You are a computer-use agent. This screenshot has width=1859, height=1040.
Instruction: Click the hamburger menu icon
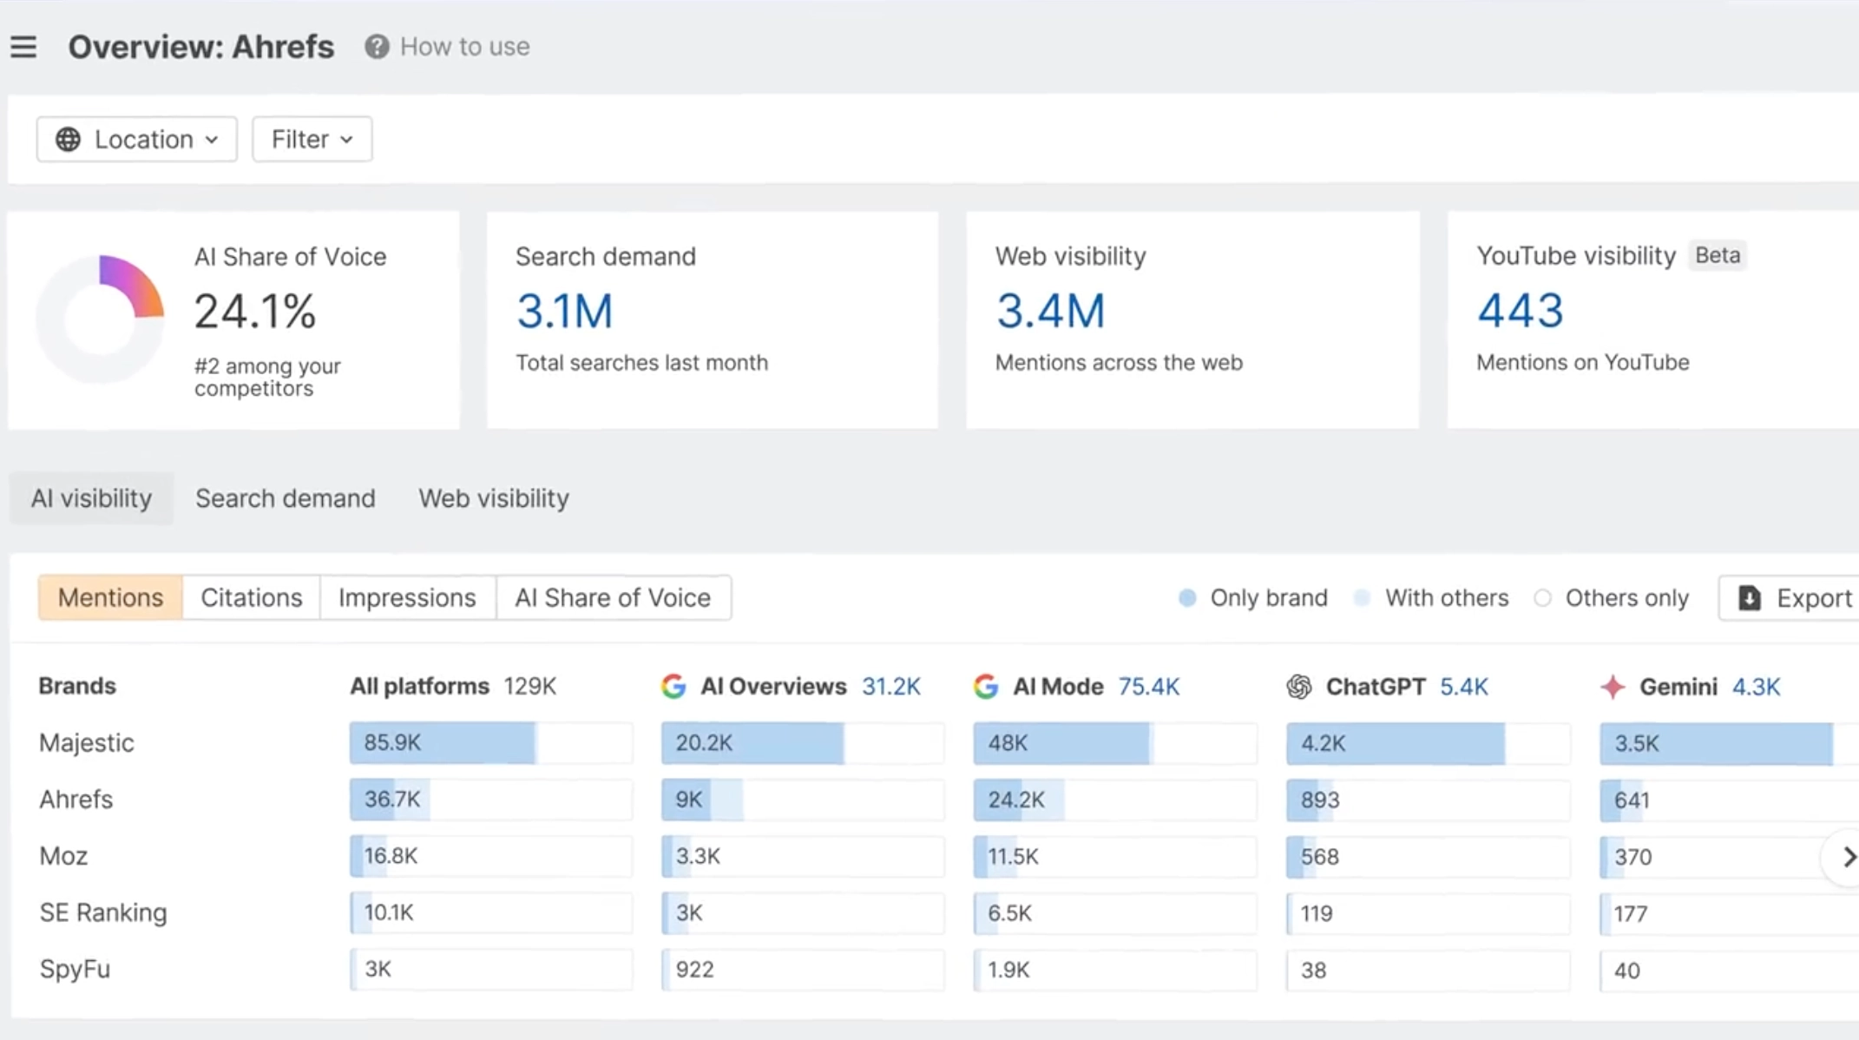tap(23, 47)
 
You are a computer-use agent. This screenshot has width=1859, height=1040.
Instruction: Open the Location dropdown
tap(137, 139)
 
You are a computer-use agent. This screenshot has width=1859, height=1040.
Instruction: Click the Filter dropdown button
tap(312, 139)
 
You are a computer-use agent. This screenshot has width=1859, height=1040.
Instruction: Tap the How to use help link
tap(448, 47)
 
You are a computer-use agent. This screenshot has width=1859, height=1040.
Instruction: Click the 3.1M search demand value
tap(565, 311)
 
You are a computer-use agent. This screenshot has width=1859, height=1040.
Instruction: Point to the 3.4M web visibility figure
tap(1050, 311)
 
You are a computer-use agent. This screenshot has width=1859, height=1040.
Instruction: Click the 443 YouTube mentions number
tap(1521, 311)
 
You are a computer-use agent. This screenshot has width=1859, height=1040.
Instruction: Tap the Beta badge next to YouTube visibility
tap(1718, 255)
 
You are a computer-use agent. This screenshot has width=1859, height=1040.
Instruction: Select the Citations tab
tap(252, 597)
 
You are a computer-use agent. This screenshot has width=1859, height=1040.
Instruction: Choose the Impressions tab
tap(407, 597)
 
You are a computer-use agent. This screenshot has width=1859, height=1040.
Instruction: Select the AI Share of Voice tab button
tap(613, 597)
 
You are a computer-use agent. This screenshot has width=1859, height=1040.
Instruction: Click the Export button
tap(1791, 598)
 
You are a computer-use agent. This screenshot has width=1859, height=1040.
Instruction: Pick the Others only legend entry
tap(1613, 598)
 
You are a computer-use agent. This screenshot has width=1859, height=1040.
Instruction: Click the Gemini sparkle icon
tap(1613, 687)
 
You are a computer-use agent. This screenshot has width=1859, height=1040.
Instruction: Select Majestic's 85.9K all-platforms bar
tap(443, 743)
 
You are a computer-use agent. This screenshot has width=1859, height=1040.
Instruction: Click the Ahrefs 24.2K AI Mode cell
tap(1115, 800)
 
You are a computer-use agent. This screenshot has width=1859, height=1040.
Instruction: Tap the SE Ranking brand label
tap(103, 912)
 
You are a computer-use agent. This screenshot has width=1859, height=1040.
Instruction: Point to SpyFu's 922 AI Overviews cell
tap(803, 970)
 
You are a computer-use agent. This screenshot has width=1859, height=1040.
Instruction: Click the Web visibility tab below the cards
tap(494, 498)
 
